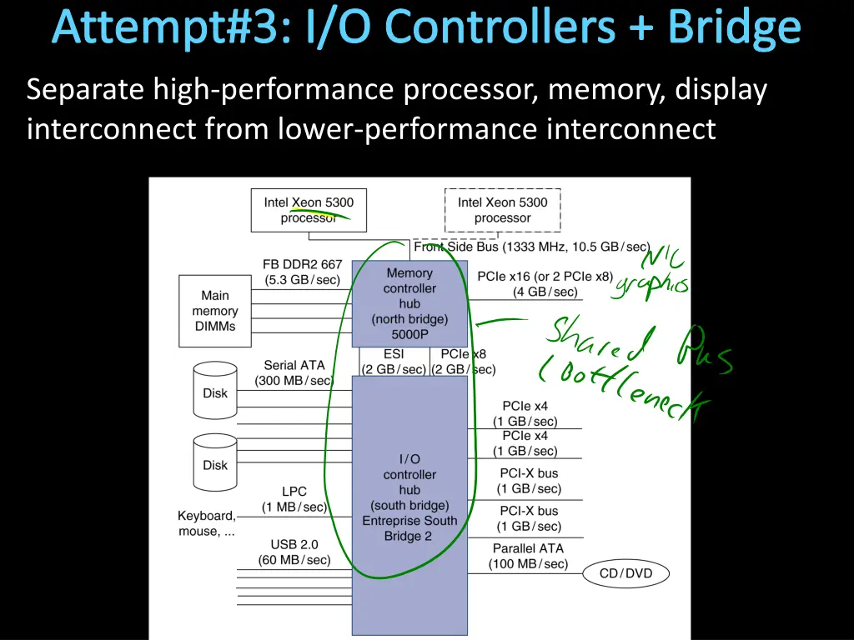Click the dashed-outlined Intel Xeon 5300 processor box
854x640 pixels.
(502, 210)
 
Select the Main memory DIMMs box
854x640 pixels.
(214, 311)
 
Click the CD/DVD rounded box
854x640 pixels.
(625, 573)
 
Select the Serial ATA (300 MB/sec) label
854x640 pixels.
(294, 372)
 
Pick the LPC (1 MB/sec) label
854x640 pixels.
(294, 499)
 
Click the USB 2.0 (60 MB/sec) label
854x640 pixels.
(294, 552)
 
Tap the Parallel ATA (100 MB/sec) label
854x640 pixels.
(528, 556)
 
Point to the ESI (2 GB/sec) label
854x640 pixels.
(394, 362)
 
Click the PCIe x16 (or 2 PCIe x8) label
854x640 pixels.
(545, 283)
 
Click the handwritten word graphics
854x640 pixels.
(651, 284)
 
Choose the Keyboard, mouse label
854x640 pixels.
(207, 523)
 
